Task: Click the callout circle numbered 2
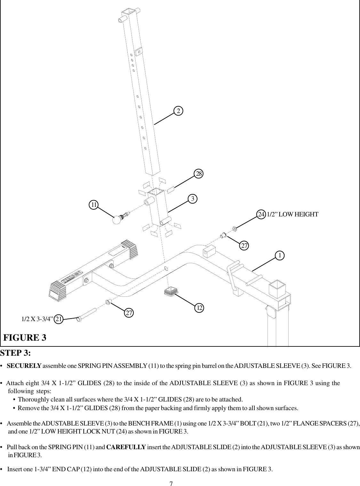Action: (179, 111)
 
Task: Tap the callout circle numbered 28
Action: (199, 174)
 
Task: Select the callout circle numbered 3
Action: (192, 199)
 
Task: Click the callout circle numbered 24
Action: (261, 214)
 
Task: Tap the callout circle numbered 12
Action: (200, 308)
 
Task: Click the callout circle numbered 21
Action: (59, 319)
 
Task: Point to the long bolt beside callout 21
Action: (87, 315)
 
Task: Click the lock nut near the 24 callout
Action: (234, 229)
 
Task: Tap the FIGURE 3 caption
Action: (25, 338)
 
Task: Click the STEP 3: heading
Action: (16, 353)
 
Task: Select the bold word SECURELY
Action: (24, 366)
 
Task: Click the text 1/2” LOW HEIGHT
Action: (292, 214)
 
